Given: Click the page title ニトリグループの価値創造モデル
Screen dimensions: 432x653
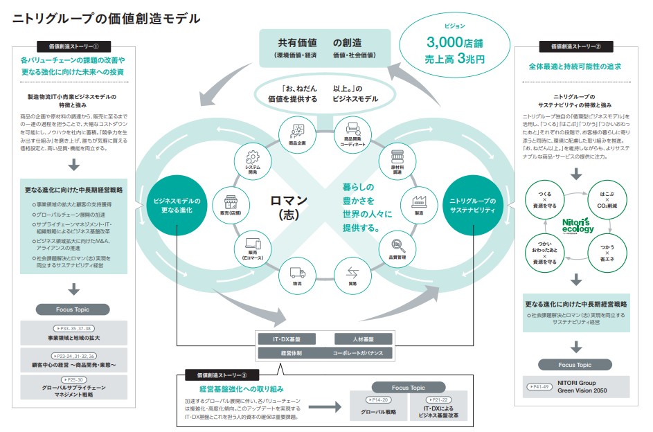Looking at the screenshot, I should click(x=107, y=19).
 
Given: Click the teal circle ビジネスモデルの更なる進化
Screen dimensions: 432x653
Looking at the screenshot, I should click(x=177, y=205).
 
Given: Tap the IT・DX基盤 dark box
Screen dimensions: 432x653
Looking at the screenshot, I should click(x=286, y=339).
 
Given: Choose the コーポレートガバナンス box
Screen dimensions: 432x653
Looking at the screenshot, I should click(x=363, y=352).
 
